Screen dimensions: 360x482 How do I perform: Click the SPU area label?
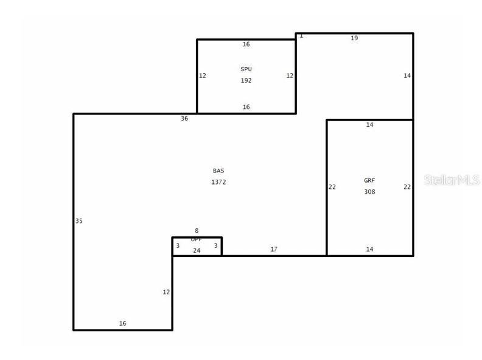246,69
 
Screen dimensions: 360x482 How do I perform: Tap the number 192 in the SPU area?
246,80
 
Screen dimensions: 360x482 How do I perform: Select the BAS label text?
218,171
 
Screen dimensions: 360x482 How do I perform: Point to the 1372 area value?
218,182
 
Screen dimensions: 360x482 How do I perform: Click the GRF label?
369,181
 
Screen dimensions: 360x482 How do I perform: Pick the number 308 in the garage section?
369,192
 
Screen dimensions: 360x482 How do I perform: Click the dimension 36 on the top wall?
184,119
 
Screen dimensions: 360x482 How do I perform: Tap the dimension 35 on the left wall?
79,221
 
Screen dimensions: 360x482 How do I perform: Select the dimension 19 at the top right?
354,38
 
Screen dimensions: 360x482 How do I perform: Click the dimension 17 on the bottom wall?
274,249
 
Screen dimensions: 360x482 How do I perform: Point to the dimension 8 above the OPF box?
197,231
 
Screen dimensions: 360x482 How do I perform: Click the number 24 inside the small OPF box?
197,250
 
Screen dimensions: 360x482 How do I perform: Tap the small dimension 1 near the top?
301,36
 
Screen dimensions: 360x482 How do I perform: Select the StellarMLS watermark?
452,180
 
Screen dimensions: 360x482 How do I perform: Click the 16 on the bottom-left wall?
122,323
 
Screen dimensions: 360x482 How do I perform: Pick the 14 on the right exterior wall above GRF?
407,76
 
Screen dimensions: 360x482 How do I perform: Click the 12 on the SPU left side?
203,76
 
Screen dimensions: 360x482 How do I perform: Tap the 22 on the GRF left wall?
332,187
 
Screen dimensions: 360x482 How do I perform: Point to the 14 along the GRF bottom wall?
369,249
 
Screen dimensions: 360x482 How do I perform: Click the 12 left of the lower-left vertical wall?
166,292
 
